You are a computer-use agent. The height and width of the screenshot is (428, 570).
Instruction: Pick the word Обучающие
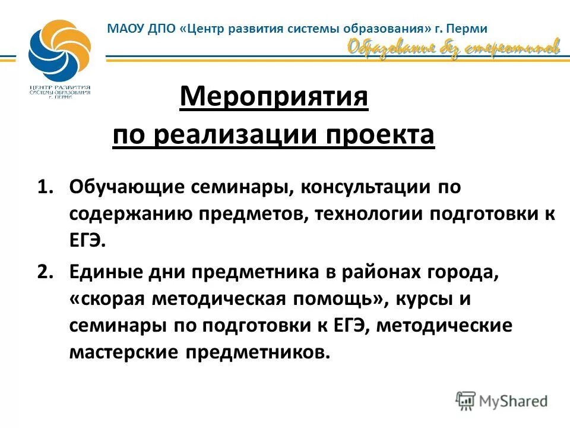[x=125, y=187]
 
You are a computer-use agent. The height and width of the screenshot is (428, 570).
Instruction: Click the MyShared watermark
[x=502, y=400]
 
